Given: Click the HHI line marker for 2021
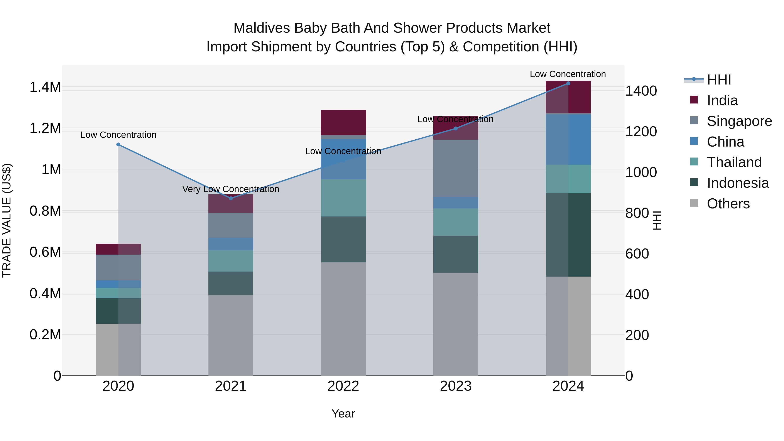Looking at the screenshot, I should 231,198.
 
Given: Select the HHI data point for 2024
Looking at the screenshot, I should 568,83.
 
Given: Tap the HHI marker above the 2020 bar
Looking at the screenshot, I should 118,145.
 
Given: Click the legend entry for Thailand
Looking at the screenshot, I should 734,162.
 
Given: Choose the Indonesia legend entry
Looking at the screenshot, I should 737,183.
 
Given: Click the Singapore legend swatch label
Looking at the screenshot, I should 739,121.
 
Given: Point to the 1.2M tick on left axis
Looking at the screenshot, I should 45,128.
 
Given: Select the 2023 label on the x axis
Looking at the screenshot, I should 456,386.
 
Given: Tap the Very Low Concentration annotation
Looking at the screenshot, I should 231,189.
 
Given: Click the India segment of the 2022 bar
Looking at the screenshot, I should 343,122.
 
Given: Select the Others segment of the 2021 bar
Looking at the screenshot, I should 231,335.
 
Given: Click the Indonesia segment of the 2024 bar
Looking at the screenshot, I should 568,234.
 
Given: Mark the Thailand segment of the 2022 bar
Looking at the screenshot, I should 343,198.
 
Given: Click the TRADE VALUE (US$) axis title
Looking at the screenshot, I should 7,220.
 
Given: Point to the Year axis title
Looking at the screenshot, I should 343,414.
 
